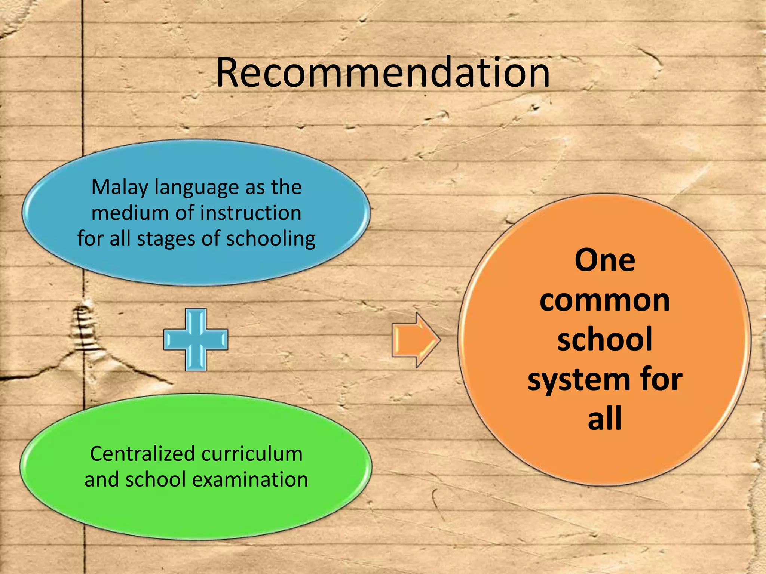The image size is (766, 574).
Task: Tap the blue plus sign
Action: pyautogui.click(x=196, y=339)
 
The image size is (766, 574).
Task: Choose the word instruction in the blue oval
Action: pyautogui.click(x=251, y=213)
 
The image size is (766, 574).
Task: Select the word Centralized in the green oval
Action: pyautogui.click(x=143, y=454)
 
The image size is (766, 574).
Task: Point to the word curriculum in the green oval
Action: pyautogui.click(x=252, y=454)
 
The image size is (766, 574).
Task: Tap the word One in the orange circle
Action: pyautogui.click(x=604, y=260)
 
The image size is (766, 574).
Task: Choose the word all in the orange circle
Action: pyautogui.click(x=604, y=419)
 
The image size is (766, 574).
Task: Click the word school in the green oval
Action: pyautogui.click(x=155, y=479)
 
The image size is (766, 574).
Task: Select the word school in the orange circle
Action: pyautogui.click(x=604, y=339)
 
